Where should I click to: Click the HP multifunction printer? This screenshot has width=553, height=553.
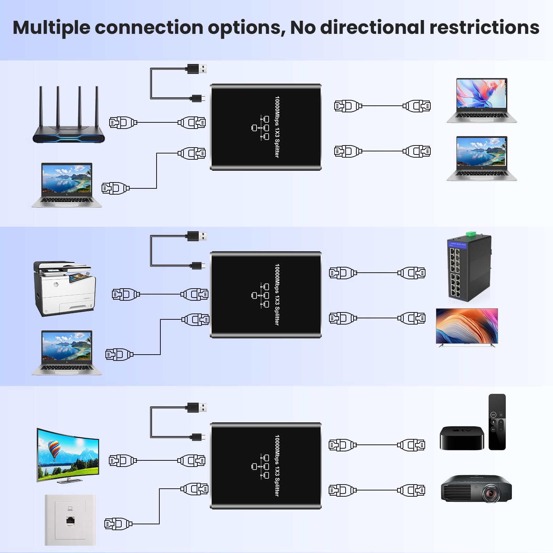point(64,289)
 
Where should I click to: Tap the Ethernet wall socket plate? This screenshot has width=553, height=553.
point(70,520)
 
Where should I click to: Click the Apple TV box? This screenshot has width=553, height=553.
point(461,438)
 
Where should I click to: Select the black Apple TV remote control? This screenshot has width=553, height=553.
point(497,422)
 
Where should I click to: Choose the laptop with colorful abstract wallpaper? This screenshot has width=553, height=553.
point(481,100)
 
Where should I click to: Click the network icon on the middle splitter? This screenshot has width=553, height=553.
point(261,295)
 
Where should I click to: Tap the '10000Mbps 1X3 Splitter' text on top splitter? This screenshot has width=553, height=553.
point(277,127)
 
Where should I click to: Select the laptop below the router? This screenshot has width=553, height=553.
point(67,185)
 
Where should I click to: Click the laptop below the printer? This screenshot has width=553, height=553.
point(67,353)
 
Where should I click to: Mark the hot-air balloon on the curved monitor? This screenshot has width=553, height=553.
point(54,448)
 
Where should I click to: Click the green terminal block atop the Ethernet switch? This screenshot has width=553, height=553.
point(470,235)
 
